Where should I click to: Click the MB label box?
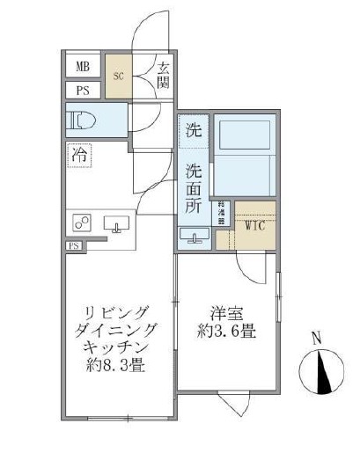coord(82,67)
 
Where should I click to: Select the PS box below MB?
coord(82,90)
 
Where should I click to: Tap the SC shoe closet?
coord(119,77)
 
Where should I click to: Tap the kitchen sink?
coord(116,224)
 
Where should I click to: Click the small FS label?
coord(74,246)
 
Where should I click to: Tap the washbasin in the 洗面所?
coord(193,236)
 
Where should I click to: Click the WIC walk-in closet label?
coord(255,224)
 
